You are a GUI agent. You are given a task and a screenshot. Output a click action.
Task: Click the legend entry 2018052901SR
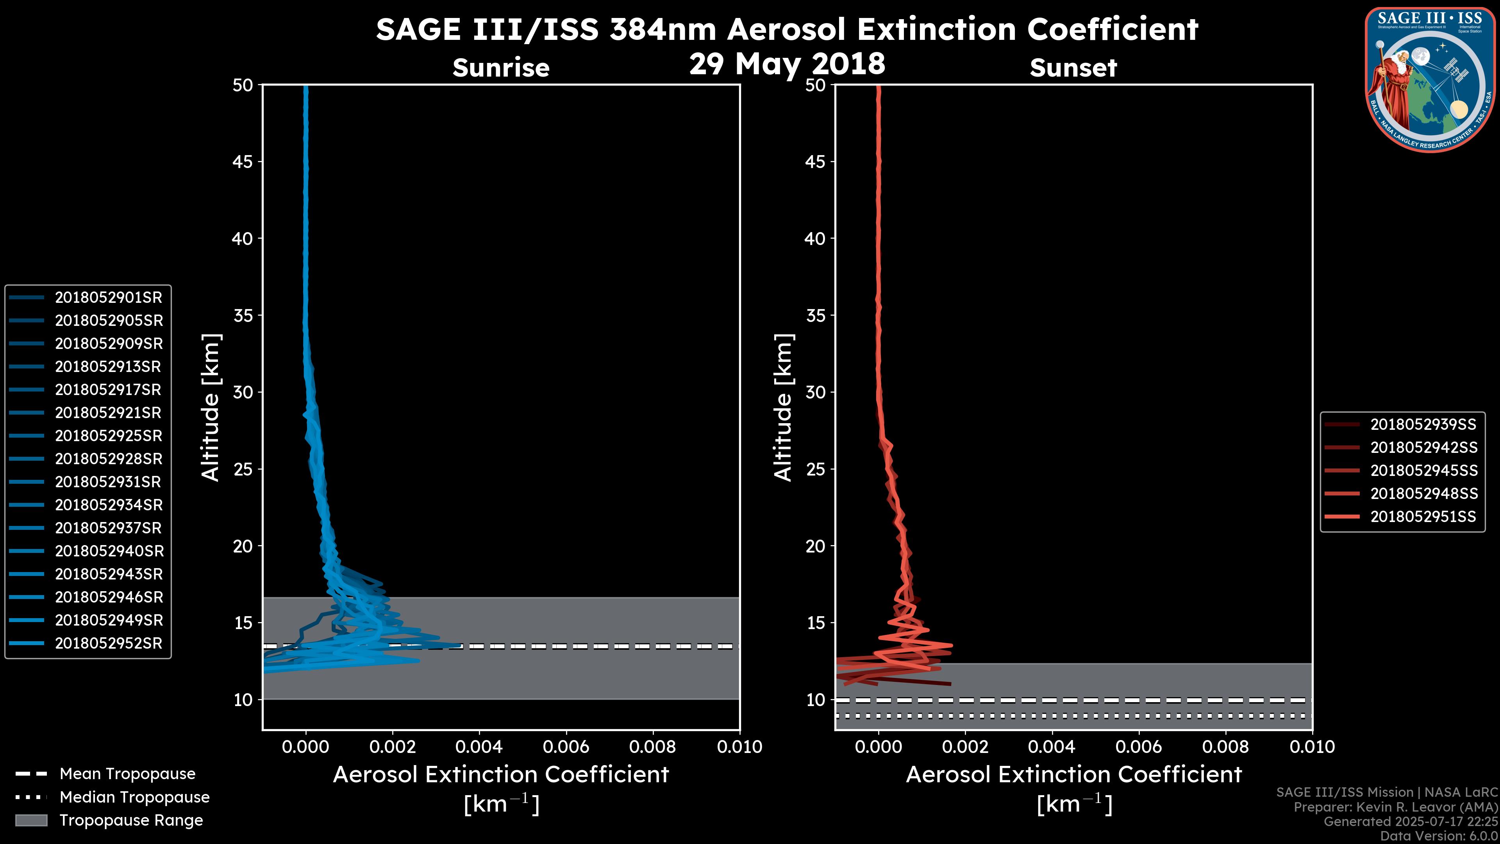click(108, 298)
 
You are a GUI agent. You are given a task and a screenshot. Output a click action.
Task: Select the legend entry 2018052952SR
click(108, 644)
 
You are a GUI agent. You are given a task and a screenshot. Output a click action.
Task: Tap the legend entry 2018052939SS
click(1423, 425)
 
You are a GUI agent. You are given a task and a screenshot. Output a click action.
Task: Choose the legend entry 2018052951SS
click(1423, 517)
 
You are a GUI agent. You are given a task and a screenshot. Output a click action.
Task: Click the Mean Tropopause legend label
click(127, 774)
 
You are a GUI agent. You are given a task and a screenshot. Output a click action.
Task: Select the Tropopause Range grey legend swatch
click(31, 821)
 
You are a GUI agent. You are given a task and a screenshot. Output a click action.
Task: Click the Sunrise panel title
click(501, 68)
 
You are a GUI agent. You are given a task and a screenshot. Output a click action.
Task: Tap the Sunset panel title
click(1073, 68)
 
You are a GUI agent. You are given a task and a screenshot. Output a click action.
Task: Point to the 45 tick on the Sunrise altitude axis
click(243, 162)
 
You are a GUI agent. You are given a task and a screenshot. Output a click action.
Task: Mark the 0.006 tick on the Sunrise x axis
click(566, 747)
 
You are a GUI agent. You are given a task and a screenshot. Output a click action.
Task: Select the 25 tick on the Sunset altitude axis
click(815, 469)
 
